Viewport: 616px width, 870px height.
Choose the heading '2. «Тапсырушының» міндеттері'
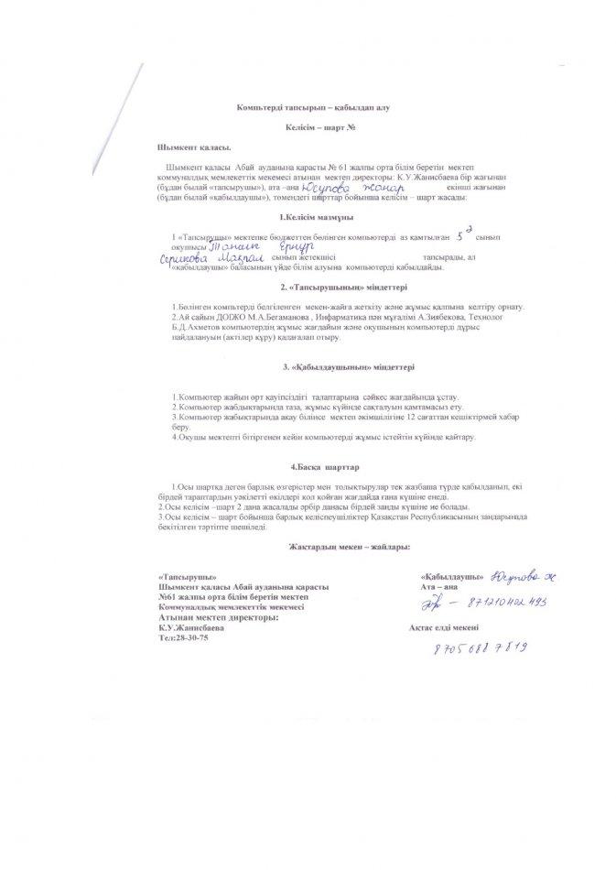(x=313, y=288)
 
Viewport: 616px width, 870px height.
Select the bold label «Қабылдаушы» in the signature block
(x=451, y=577)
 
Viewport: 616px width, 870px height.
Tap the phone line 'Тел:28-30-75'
(x=183, y=636)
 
